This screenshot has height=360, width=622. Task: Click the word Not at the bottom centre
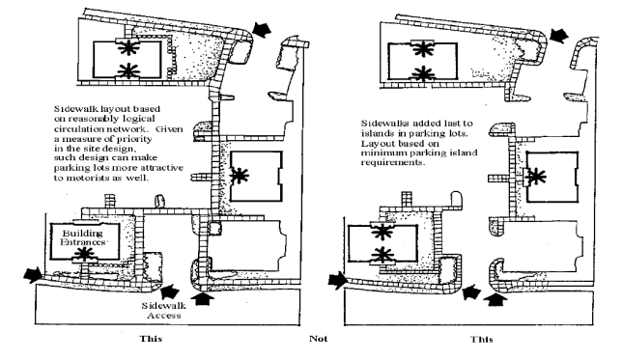click(x=319, y=338)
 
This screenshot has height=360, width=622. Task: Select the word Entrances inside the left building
click(x=83, y=242)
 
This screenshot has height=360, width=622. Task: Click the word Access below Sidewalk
click(x=164, y=316)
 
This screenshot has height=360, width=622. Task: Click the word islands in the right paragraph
click(x=375, y=133)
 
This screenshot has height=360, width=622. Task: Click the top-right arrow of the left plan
click(x=262, y=29)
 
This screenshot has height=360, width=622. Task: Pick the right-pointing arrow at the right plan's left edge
click(x=337, y=280)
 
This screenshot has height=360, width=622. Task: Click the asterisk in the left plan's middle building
click(x=240, y=176)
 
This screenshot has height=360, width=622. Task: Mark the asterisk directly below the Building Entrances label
click(x=84, y=253)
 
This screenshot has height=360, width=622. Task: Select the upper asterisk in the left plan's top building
click(x=127, y=47)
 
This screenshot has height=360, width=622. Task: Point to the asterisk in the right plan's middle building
click(x=536, y=176)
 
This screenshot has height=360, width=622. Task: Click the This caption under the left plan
click(x=151, y=338)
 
